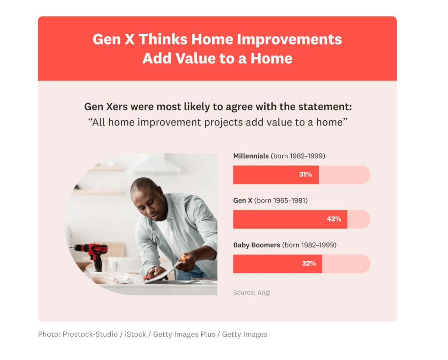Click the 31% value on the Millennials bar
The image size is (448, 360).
tap(305, 175)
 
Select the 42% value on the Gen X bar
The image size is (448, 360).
tap(334, 219)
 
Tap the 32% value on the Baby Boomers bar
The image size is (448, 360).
tap(308, 263)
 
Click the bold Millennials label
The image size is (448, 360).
tap(251, 156)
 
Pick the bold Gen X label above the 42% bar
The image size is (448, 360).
tap(242, 201)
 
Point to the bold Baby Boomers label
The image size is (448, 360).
tap(256, 245)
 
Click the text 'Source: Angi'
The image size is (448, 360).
tap(252, 292)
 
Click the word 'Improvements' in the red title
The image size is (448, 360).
tap(289, 39)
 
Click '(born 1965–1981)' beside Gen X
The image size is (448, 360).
tap(281, 201)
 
